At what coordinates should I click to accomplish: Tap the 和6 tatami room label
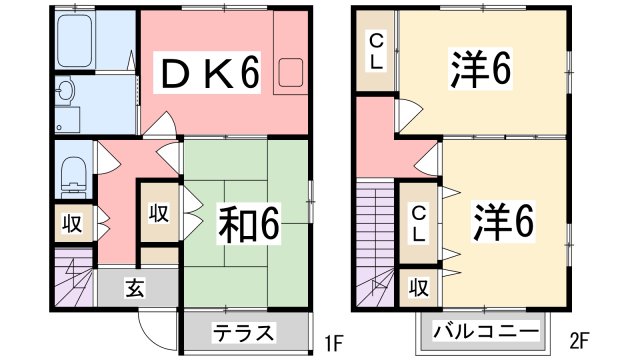pos(250,222)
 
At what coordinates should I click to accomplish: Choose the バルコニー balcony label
pos(485,331)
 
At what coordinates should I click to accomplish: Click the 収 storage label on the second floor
pos(418,288)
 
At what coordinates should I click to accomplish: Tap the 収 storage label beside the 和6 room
pos(159,212)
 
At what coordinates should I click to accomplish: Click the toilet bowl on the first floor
pos(73,177)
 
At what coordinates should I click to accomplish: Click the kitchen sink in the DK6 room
pos(295,73)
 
